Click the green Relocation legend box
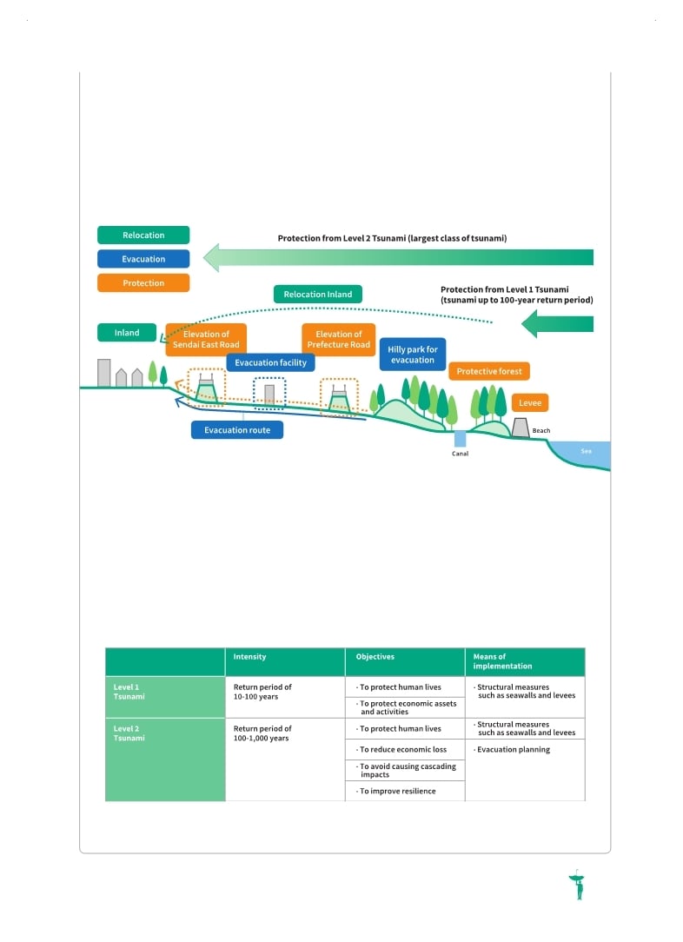coord(143,235)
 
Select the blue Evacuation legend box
coord(143,259)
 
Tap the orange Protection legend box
coord(143,283)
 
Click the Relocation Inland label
coord(318,295)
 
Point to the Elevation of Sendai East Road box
coord(206,340)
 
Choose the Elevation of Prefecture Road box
coord(339,340)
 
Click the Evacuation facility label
coord(270,363)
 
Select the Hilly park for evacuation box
coord(413,355)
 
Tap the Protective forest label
coord(489,371)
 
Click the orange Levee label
coord(530,403)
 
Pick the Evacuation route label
coord(237,430)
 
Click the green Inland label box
coord(127,333)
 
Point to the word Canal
coord(461,454)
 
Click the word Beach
coord(541,431)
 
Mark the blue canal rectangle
coord(461,439)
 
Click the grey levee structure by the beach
coord(521,428)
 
